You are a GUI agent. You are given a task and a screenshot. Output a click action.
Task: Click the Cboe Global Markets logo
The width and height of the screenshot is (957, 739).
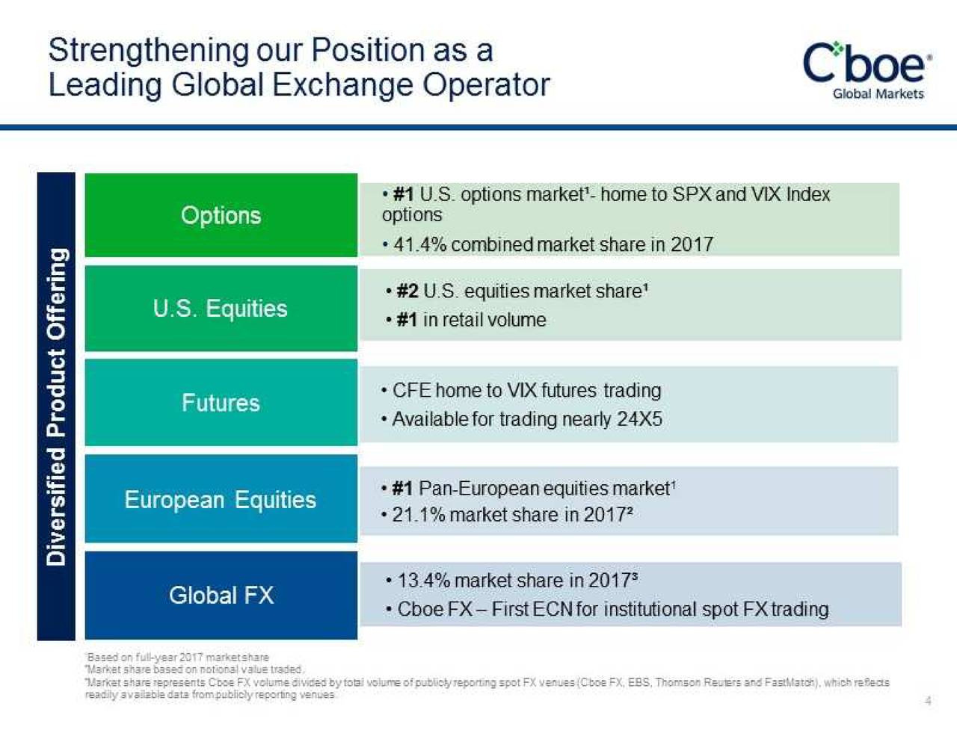pos(867,69)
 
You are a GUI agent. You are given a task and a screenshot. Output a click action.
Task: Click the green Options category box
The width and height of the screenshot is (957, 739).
pos(221,215)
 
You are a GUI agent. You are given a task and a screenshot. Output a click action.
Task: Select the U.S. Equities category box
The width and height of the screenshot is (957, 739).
pos(221,309)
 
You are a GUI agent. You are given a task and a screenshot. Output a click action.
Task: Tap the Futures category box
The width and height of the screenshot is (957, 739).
pos(221,403)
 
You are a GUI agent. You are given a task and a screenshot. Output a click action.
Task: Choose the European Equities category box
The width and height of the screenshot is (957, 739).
pos(221,499)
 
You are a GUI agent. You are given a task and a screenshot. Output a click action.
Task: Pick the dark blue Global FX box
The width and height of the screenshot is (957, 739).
pos(221,596)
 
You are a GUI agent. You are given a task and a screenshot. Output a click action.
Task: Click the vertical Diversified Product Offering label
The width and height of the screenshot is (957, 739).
pos(57,406)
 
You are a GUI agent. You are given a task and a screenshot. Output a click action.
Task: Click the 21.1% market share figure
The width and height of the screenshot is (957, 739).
pos(419,515)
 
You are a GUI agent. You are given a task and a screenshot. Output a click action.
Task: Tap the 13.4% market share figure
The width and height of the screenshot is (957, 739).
pos(423,581)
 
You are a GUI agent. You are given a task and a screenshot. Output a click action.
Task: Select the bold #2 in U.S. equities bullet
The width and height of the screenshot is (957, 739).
pos(407,291)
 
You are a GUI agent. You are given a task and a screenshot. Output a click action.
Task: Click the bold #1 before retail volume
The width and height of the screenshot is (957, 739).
pos(407,320)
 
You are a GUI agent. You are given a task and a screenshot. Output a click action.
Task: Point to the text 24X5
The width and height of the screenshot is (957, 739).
pos(640,419)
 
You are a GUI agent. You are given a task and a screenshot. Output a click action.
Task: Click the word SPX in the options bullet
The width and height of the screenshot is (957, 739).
pos(692,194)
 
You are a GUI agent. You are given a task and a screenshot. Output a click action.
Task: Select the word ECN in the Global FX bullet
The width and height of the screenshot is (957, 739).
pos(553,610)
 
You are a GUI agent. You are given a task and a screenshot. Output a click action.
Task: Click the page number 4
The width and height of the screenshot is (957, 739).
pos(928,701)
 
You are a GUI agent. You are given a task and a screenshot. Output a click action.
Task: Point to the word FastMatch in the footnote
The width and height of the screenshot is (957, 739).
pos(792,682)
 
